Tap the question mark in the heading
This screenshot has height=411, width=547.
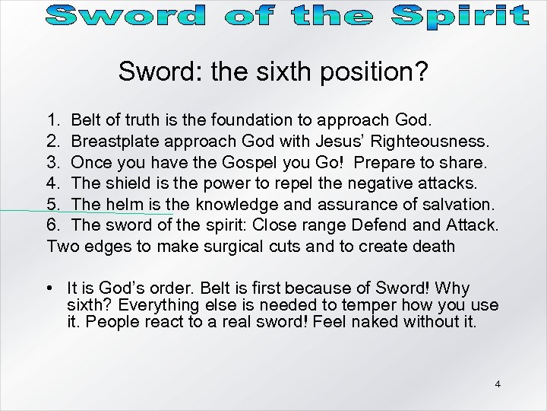pos(422,73)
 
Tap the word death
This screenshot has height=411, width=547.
pos(434,246)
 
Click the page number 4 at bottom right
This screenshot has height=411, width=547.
pos(498,384)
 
